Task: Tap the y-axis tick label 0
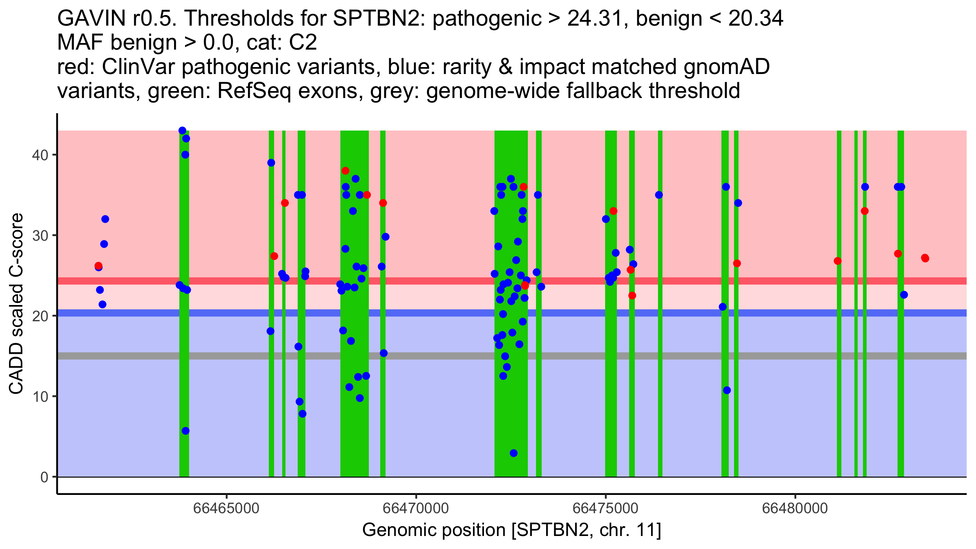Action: [44, 477]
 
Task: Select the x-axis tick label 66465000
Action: [226, 508]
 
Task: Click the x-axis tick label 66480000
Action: [795, 508]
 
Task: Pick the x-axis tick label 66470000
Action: [416, 508]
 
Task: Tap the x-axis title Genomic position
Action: [511, 530]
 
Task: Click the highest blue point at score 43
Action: [182, 131]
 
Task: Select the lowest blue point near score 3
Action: [514, 453]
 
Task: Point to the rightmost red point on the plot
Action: [925, 258]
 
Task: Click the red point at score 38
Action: [345, 171]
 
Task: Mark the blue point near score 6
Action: [185, 431]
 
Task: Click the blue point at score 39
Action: [271, 163]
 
